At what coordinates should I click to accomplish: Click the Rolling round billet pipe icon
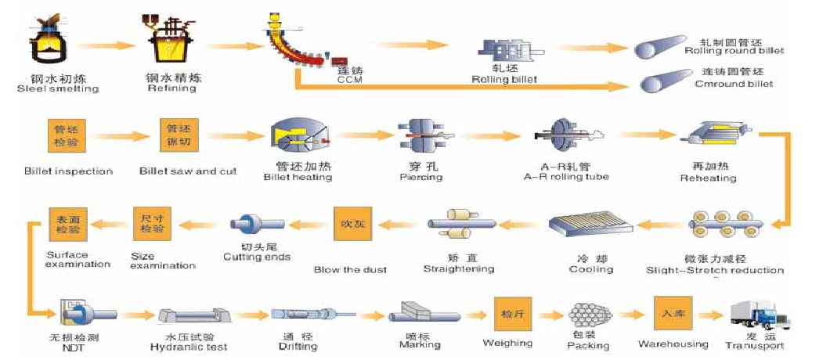659,47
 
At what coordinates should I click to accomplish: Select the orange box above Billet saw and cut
177,135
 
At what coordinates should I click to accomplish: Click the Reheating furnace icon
708,140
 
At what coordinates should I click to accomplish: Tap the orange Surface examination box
66,224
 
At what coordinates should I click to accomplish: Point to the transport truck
760,315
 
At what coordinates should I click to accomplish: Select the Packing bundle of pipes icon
586,317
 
